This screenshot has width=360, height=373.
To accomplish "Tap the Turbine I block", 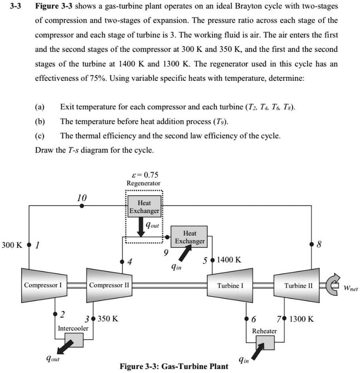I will (x=230, y=284).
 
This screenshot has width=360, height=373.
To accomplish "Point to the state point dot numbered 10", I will (x=82, y=206).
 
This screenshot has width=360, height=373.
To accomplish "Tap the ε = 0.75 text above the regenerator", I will (x=143, y=175).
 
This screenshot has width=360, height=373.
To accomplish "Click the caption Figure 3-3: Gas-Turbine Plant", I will (x=174, y=366).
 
